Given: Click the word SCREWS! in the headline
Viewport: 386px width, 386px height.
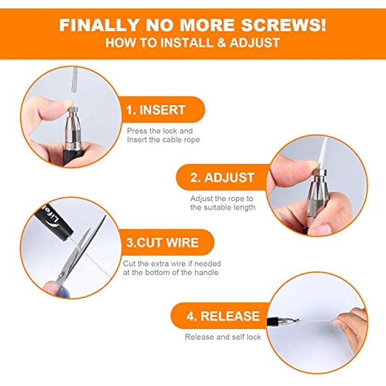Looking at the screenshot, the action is [283, 25].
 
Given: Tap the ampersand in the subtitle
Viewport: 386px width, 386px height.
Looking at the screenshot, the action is [221, 42].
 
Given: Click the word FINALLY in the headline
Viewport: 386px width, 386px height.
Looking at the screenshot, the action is [99, 25].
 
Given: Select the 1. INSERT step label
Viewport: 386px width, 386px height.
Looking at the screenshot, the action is [155, 110].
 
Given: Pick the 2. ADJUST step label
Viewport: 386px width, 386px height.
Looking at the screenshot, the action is [222, 178].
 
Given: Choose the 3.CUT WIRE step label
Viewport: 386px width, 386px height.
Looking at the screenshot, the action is [163, 243].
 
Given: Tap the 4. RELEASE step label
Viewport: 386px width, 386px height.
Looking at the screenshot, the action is [223, 316].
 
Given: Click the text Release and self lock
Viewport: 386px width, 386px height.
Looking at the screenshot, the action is [223, 337].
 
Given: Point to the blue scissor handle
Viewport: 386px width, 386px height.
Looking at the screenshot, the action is [62, 286].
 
